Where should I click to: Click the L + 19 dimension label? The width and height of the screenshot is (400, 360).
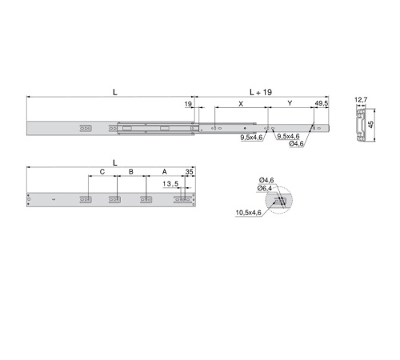click(x=261, y=92)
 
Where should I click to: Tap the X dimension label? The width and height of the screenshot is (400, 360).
click(x=241, y=104)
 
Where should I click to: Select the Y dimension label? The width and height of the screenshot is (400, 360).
click(x=290, y=103)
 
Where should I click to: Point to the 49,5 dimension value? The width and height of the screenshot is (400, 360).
click(x=322, y=103)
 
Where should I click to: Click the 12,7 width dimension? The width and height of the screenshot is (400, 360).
click(x=361, y=100)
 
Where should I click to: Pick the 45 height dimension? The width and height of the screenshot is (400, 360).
click(x=370, y=125)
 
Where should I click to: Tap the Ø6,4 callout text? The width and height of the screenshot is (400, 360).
click(x=265, y=188)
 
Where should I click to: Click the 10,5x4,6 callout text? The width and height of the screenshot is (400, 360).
click(x=248, y=213)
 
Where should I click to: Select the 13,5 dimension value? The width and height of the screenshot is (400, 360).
click(x=170, y=183)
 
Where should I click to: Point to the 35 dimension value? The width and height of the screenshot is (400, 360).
click(x=189, y=172)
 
